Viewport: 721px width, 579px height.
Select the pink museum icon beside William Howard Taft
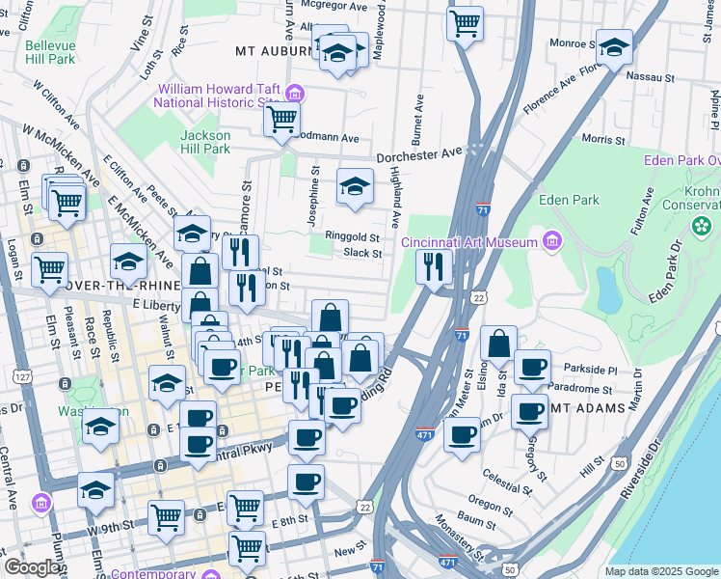(296, 94)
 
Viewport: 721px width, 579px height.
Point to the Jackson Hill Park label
(204, 142)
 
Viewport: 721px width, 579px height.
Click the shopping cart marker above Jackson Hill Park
(281, 121)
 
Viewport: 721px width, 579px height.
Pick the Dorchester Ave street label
(419, 153)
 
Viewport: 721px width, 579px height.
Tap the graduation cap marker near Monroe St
(614, 46)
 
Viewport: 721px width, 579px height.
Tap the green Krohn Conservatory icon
(702, 225)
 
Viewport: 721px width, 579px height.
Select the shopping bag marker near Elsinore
(498, 345)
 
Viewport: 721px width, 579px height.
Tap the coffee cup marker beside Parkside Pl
(531, 367)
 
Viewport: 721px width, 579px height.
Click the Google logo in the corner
(32, 566)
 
